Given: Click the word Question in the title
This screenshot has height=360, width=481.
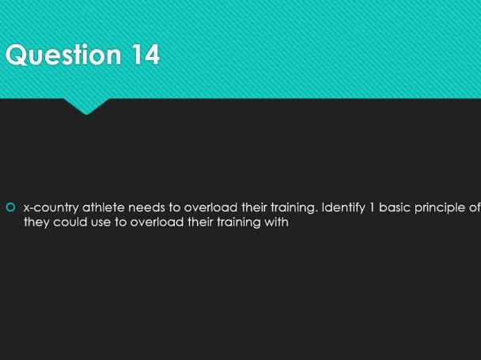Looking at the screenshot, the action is pyautogui.click(x=63, y=55).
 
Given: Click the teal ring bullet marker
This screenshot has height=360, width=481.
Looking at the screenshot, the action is pyautogui.click(x=10, y=207).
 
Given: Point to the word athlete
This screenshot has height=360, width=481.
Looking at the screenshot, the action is pyautogui.click(x=104, y=207).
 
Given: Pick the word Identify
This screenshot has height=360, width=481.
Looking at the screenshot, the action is pyautogui.click(x=343, y=208).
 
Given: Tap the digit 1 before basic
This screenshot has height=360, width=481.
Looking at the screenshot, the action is pyautogui.click(x=372, y=207).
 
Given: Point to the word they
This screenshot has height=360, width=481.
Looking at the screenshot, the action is pyautogui.click(x=36, y=222).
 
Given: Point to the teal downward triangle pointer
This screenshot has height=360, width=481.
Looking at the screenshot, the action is pyautogui.click(x=86, y=106).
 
